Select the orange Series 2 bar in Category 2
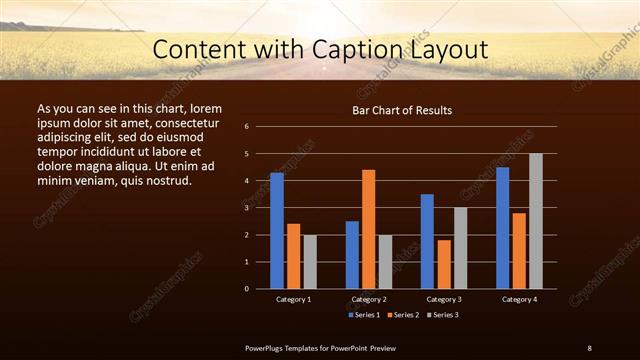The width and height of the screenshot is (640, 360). [368, 229]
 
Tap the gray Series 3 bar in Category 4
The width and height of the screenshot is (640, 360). [535, 221]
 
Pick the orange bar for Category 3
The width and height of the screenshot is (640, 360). [443, 264]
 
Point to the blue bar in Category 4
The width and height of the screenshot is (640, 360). [502, 227]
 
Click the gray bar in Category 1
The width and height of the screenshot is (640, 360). [310, 261]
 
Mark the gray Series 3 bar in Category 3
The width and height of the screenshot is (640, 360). [460, 248]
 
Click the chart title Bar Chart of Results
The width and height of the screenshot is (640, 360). [402, 110]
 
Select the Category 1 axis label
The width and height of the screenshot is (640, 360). [293, 299]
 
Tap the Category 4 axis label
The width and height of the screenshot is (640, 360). [519, 299]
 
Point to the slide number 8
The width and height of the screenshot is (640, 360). [589, 347]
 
